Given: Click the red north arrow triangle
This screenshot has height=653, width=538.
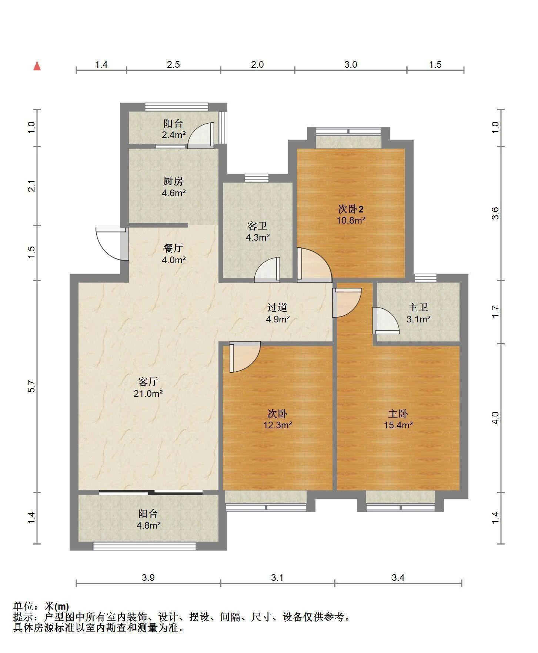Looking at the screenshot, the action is (37, 66).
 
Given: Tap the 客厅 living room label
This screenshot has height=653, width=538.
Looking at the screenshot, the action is (148, 381).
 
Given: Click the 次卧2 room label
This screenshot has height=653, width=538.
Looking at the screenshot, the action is (351, 209).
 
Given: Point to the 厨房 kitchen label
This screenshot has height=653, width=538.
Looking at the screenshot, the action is (173, 181).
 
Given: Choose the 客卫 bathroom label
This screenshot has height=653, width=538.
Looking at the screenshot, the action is (257, 226).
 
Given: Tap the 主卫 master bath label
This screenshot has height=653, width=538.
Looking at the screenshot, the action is (418, 307).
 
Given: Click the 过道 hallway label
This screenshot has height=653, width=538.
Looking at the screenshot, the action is (277, 307).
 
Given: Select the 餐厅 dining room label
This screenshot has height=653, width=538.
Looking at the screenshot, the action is (173, 248).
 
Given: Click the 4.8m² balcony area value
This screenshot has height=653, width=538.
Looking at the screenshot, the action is (148, 525).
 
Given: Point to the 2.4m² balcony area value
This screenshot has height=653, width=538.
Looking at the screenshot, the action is (173, 135).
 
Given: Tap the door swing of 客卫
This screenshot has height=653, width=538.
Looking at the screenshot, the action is (267, 269).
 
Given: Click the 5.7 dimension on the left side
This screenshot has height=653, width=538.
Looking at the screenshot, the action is (32, 386).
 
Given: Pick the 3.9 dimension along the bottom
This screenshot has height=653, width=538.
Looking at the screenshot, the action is (148, 577).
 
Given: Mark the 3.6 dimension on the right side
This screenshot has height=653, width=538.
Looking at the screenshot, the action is (496, 213).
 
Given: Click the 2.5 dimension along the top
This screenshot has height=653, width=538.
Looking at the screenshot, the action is (173, 64).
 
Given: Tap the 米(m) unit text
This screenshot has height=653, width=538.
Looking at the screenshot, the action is (57, 606).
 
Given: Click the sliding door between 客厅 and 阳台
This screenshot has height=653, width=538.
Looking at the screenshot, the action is (151, 493).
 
